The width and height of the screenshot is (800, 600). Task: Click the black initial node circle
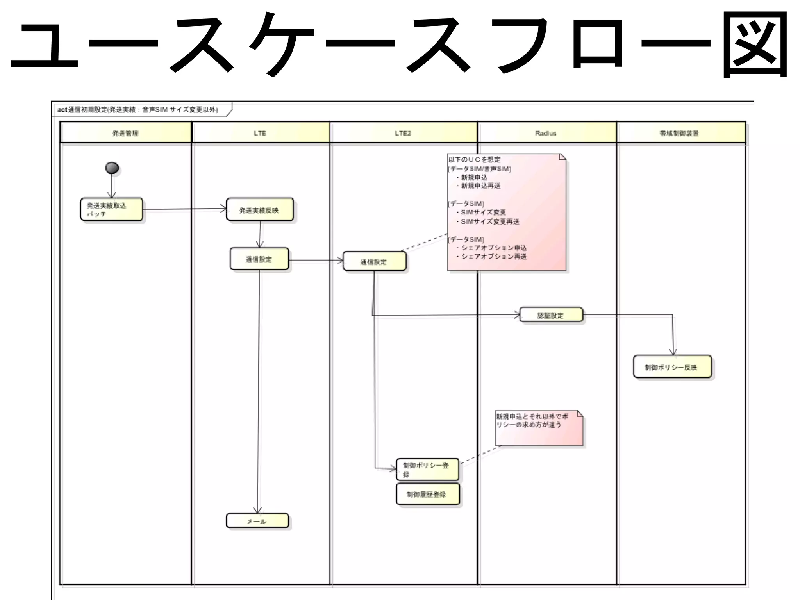coord(112,168)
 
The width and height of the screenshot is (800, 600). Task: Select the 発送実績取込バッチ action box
coord(112,209)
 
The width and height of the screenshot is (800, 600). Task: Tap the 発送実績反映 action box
coord(259,210)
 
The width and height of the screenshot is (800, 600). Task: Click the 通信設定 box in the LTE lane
coord(259,259)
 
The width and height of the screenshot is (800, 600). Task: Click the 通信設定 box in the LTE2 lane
coord(374,261)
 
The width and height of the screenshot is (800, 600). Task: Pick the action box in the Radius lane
coord(551,315)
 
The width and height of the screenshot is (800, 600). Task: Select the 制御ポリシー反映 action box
coord(672,367)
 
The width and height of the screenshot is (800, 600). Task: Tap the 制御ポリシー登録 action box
coord(427,469)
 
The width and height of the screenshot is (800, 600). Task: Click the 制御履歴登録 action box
coord(428,494)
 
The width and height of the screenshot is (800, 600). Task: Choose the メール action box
coord(257,521)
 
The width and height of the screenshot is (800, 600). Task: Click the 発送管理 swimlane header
coord(125,133)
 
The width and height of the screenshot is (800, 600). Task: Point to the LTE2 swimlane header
coord(403,133)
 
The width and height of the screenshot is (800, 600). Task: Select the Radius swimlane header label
coord(546,133)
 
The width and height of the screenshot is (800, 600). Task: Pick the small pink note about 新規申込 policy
coord(539,428)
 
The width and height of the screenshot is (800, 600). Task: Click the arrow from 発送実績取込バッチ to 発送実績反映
coord(184,209)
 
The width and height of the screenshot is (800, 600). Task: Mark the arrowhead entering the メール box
coord(257,510)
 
